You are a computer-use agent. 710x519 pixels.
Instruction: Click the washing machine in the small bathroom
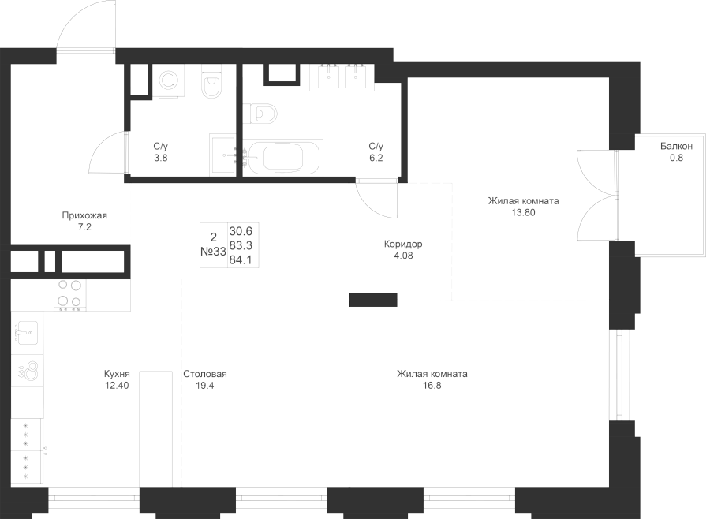point(167,80)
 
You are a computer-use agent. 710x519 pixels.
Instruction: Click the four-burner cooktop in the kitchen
point(69,295)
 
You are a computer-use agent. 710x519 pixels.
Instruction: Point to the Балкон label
point(676,146)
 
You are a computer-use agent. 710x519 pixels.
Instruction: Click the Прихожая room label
point(84,215)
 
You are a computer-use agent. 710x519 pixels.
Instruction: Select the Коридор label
point(403,244)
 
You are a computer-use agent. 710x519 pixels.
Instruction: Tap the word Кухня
point(116,375)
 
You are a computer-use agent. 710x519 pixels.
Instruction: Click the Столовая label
point(204,375)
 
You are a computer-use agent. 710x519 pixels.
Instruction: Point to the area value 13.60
point(523,212)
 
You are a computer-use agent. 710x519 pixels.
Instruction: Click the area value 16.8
point(432,386)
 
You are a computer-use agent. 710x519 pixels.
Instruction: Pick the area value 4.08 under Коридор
point(403,256)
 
